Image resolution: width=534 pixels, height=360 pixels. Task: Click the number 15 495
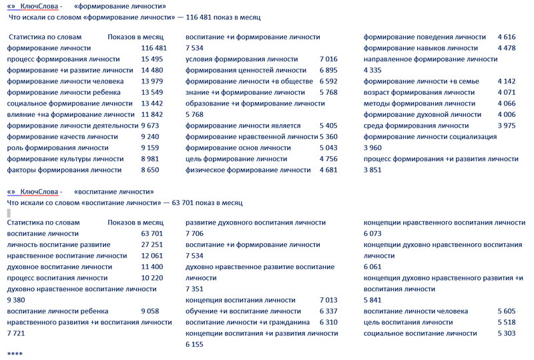(x=154, y=59)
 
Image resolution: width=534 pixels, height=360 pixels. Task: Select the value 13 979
(x=154, y=81)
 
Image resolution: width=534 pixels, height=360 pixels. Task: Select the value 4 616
(x=507, y=37)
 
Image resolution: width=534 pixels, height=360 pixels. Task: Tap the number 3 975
(x=507, y=126)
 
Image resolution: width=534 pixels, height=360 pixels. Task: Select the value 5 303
(x=507, y=333)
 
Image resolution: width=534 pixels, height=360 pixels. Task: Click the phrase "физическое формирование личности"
(x=248, y=170)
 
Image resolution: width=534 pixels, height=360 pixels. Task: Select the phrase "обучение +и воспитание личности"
(x=243, y=311)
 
